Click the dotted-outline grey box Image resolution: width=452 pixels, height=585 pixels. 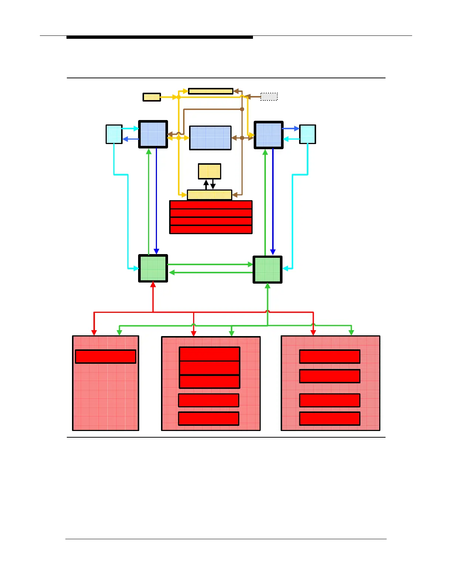[269, 97]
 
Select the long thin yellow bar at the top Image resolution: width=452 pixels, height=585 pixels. [210, 91]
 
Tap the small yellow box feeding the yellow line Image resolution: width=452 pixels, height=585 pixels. [151, 97]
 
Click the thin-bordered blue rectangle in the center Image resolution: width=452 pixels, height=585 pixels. [210, 138]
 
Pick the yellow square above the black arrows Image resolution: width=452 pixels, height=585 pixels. [209, 171]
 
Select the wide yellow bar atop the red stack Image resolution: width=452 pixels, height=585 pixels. [209, 195]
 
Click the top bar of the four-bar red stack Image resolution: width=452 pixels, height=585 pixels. [210, 205]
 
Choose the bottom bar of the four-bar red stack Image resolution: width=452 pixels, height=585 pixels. [210, 230]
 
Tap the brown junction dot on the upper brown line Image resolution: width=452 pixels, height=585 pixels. [242, 109]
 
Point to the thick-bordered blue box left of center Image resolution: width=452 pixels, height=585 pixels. [153, 134]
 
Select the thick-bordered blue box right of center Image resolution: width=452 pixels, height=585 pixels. [268, 135]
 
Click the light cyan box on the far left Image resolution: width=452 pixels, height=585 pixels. [114, 134]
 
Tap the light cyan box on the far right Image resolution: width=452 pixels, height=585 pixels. [307, 134]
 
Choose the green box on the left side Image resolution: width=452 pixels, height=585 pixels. [153, 268]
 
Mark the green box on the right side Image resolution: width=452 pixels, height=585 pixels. [267, 270]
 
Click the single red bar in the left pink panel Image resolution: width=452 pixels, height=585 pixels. [106, 357]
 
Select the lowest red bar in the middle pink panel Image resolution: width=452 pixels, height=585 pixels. [209, 418]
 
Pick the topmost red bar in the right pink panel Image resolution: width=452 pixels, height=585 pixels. [329, 357]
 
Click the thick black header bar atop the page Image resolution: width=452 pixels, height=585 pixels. [160, 37]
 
